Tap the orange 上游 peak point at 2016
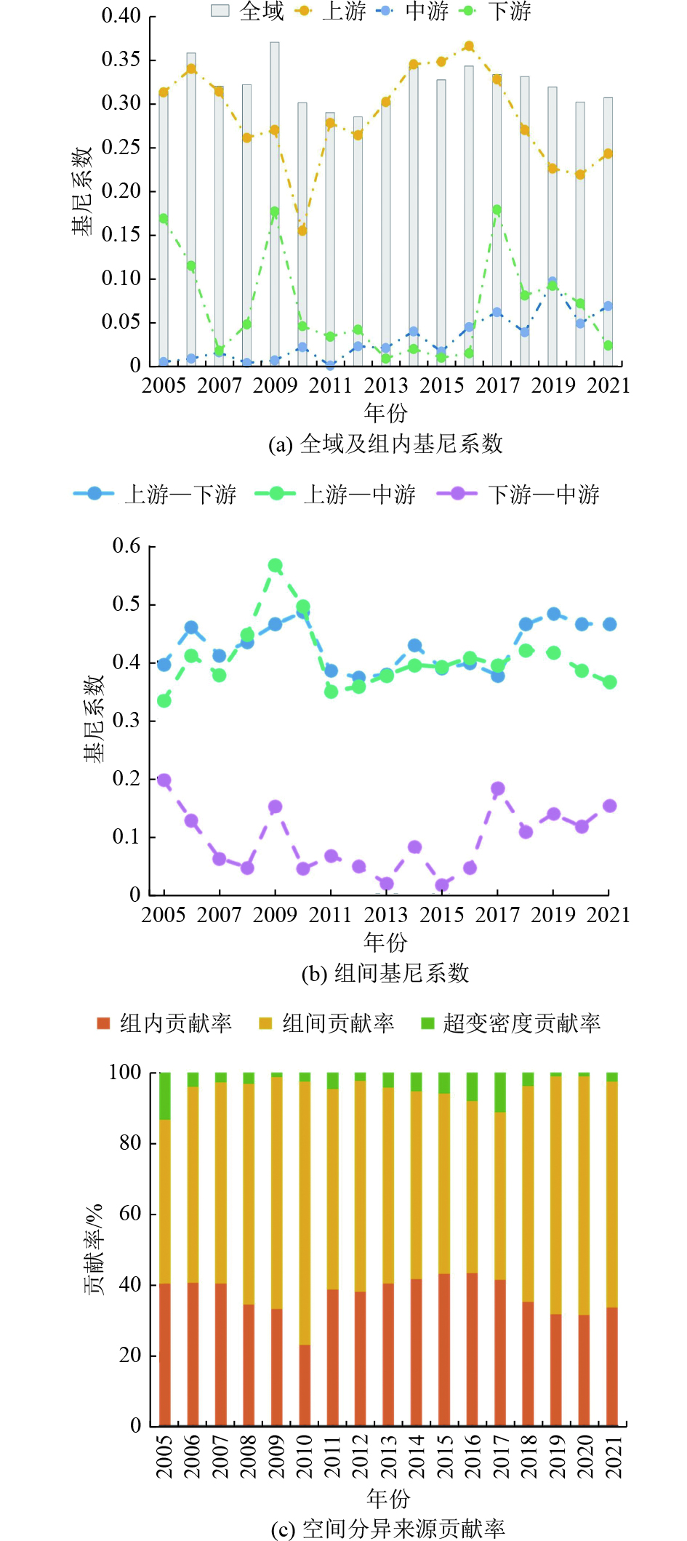coord(469,46)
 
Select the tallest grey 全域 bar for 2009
coord(275,204)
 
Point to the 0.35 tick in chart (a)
coord(121,60)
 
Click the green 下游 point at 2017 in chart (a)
coord(497,209)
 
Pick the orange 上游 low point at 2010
coord(302,231)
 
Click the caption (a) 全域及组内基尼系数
coord(385,444)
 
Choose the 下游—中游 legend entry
coord(520,495)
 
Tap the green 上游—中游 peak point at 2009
coord(275,565)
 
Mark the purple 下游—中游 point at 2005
coord(164,780)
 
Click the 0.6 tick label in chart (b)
coord(126,546)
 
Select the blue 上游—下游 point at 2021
coord(609,624)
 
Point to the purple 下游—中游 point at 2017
coord(497,788)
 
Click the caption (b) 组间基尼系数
coord(385,973)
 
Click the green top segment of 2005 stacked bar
coord(165,1095)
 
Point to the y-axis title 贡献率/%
coord(94,1249)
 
